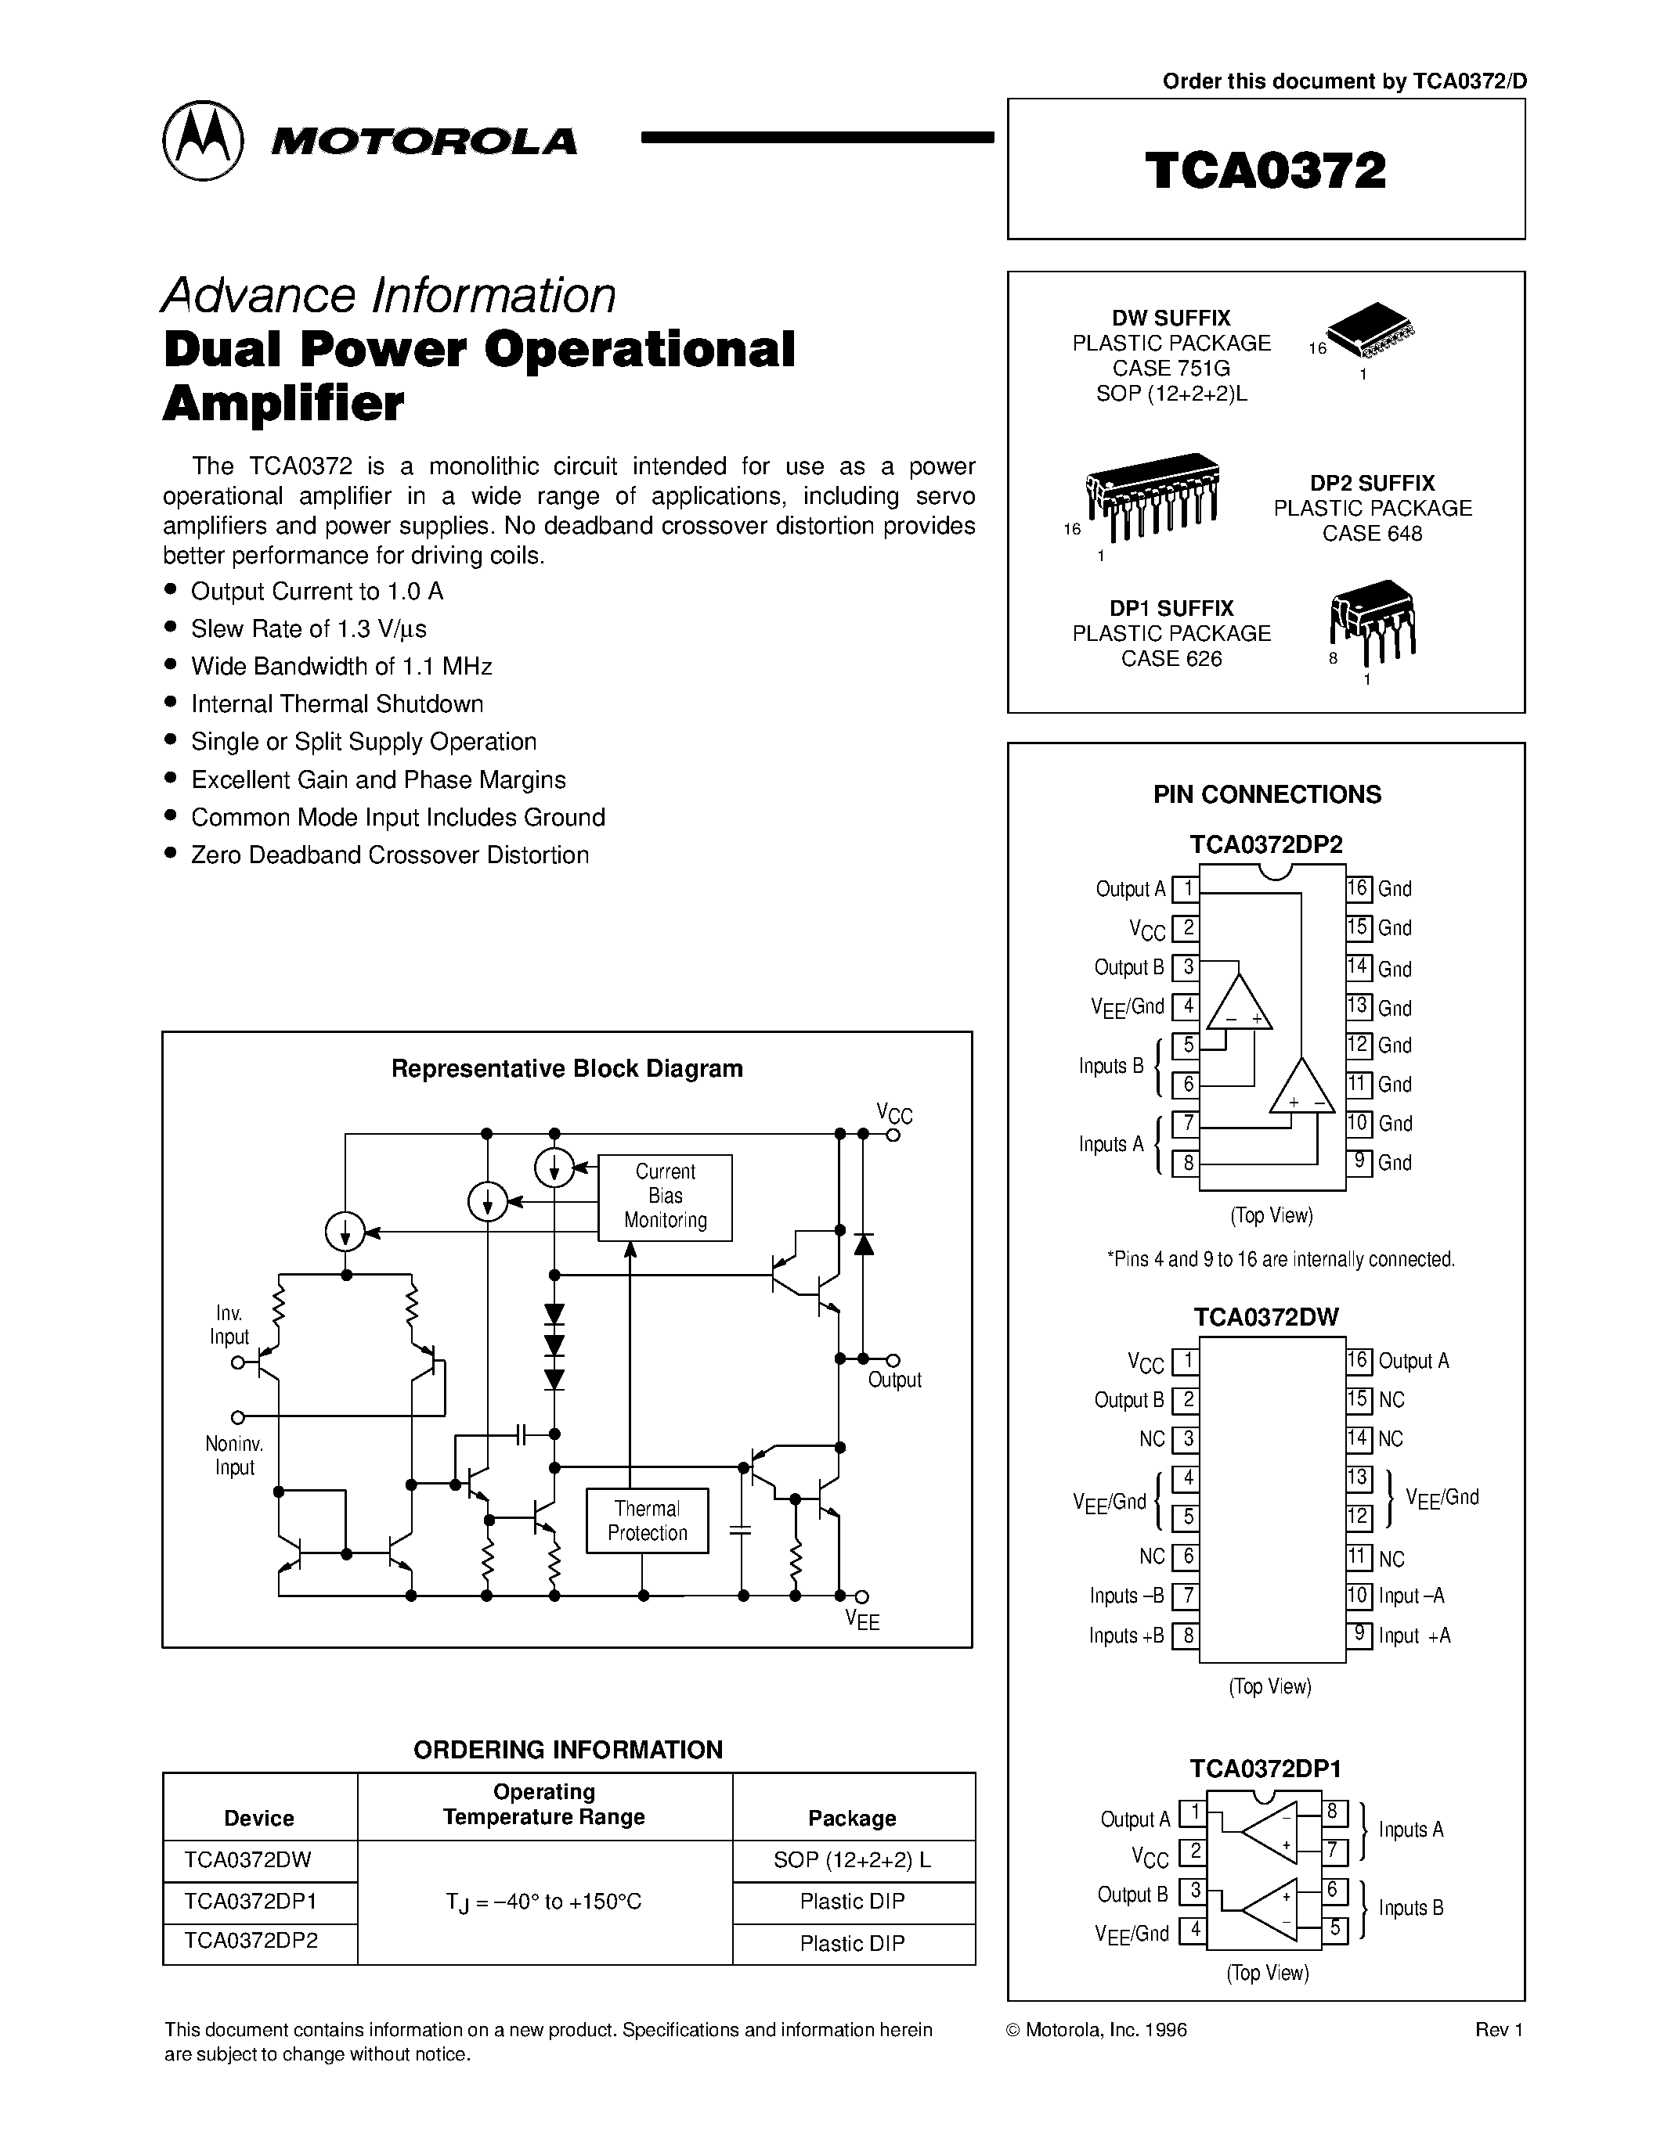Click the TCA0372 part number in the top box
pyautogui.click(x=1265, y=170)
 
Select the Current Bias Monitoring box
pyautogui.click(x=666, y=1197)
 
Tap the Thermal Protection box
pyautogui.click(x=647, y=1520)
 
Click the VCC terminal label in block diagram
pyautogui.click(x=894, y=1114)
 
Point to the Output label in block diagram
pyautogui.click(x=894, y=1380)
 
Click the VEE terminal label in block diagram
pyautogui.click(x=861, y=1621)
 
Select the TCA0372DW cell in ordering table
pyautogui.click(x=247, y=1860)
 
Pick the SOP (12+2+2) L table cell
pyautogui.click(x=853, y=1860)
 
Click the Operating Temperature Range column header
pyautogui.click(x=544, y=1805)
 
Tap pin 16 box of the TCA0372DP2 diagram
pyautogui.click(x=1359, y=888)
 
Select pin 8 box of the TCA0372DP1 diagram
pyautogui.click(x=1332, y=1810)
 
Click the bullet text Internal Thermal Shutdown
pyautogui.click(x=337, y=704)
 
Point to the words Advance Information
pyautogui.click(x=388, y=294)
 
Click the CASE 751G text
pyautogui.click(x=1171, y=369)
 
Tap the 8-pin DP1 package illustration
pyautogui.click(x=1371, y=624)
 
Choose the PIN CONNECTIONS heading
pyautogui.click(x=1267, y=794)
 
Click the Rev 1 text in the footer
pyautogui.click(x=1499, y=2030)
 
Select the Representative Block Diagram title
pyautogui.click(x=567, y=1068)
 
